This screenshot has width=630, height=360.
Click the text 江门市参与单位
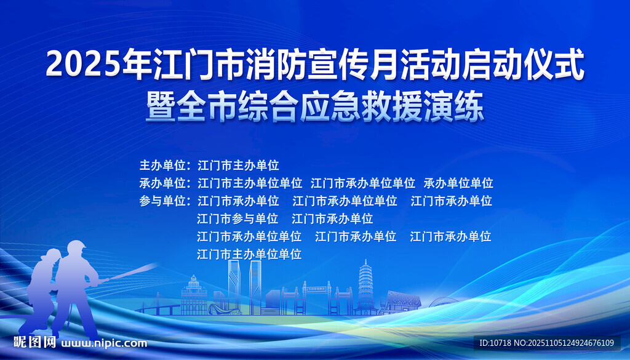click(x=237, y=218)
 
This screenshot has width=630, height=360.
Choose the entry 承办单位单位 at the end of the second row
click(x=458, y=183)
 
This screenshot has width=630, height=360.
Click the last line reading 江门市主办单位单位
click(x=249, y=254)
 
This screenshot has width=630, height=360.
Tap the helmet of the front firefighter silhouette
click(x=76, y=247)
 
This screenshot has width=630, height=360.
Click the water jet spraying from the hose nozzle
click(x=132, y=272)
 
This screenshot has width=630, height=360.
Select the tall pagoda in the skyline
click(x=365, y=285)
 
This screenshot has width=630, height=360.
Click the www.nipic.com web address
click(x=105, y=343)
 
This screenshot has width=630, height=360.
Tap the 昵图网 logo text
click(x=35, y=342)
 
